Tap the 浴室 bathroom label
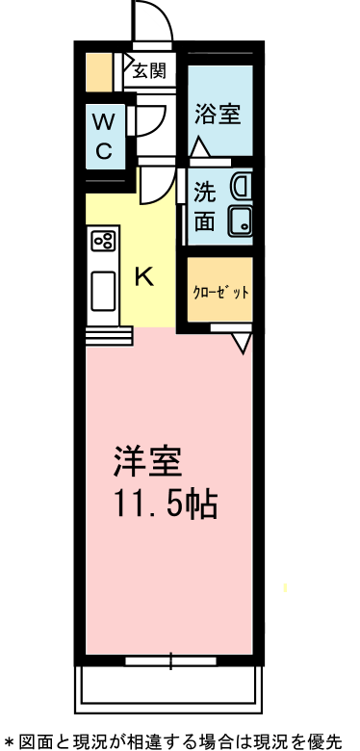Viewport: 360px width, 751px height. coord(219,113)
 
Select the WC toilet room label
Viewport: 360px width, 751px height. coord(104,136)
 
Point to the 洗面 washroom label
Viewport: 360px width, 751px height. coord(205,205)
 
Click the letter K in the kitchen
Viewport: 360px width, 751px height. coord(143,277)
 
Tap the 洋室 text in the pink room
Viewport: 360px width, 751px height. coord(146,463)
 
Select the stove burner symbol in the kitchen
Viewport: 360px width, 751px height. coord(103,241)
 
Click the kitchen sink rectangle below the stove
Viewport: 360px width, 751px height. coord(102,292)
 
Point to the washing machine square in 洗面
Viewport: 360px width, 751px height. coord(238,220)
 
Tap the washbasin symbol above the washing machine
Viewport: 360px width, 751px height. coord(240,184)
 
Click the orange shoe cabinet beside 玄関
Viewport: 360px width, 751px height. coord(97,72)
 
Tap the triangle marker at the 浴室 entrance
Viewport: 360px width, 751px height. coord(200,148)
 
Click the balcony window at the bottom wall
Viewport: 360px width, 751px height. coord(170,661)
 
